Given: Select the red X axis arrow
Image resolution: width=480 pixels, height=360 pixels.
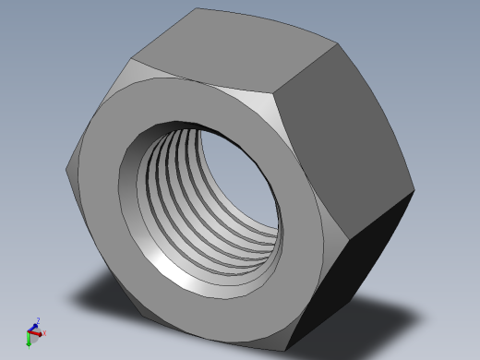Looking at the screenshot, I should coord(39,332).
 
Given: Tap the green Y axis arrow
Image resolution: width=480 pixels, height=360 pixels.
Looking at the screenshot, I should coord(29,341).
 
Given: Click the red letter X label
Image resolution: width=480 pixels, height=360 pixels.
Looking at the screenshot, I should coord(44,332).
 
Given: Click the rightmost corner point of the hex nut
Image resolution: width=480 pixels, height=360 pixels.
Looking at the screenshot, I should coord(414,191).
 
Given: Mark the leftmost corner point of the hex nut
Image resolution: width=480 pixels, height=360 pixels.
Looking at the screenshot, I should coord(66,169).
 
